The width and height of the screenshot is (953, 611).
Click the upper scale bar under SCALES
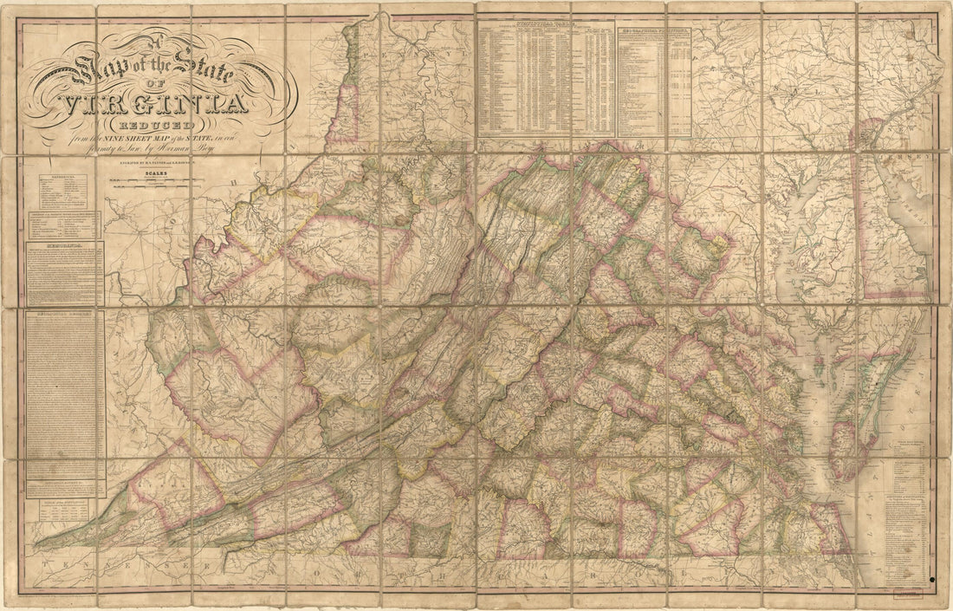[156, 180]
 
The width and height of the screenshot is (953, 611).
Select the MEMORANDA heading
[65, 245]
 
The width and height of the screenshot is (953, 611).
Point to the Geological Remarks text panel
[65, 381]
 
